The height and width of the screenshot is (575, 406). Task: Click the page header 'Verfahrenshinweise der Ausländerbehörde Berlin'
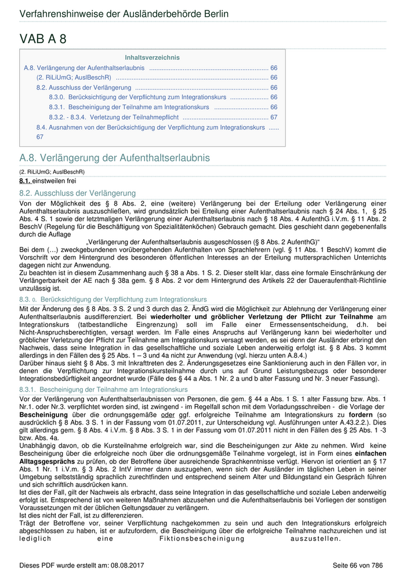tap(124, 13)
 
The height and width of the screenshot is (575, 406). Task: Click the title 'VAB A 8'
tap(43, 39)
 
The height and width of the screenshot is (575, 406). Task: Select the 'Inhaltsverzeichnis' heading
tap(152, 57)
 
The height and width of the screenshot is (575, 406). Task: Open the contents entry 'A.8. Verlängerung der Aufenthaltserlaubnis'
tap(84, 68)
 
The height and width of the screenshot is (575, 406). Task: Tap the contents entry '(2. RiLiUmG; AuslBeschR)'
tap(74, 77)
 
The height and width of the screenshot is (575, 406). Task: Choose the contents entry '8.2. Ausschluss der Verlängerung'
tap(84, 87)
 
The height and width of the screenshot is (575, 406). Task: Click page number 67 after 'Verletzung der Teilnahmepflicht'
tap(274, 117)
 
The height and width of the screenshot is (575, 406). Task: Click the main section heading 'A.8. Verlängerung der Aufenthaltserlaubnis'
tap(114, 158)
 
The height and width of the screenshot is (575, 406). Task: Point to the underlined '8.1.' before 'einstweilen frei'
tap(25, 181)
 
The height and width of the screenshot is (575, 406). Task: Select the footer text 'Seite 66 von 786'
tap(358, 565)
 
